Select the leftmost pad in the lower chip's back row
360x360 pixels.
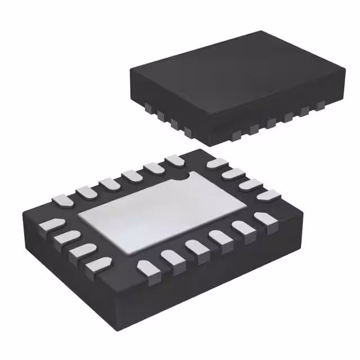[61, 200]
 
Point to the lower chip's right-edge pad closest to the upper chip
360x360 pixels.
[217, 164]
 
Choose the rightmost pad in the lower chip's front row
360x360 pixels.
[262, 218]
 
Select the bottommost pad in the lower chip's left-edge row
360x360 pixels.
[98, 262]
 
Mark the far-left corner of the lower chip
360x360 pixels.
[24, 212]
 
